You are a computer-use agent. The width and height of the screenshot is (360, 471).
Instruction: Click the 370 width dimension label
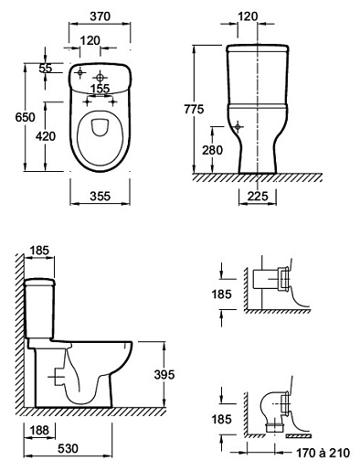tap(100, 16)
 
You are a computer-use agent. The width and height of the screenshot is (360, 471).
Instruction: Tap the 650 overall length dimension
tap(26, 117)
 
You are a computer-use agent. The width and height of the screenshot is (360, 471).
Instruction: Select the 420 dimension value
tap(46, 136)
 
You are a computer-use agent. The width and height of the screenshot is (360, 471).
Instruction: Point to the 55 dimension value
tap(46, 69)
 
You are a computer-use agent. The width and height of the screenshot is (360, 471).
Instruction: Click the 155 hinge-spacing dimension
tap(101, 89)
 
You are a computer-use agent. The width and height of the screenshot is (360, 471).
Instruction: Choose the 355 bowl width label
tap(100, 196)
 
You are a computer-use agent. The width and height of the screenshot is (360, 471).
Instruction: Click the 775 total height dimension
tap(194, 109)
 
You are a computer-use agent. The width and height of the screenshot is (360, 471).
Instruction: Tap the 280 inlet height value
tap(213, 150)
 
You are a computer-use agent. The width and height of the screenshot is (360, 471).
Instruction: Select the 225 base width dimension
tap(258, 196)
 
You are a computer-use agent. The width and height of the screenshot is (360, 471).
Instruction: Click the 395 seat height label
tap(164, 374)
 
